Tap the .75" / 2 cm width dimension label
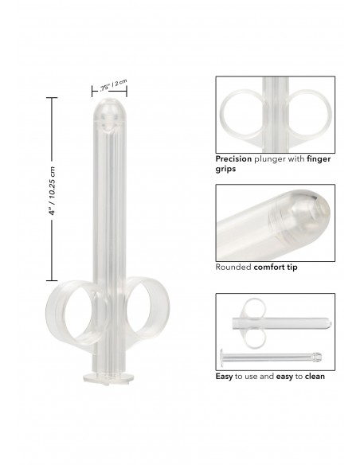114,84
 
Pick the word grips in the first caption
228,169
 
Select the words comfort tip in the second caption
276,267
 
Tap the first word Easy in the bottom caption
225,376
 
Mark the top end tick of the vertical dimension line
53,98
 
